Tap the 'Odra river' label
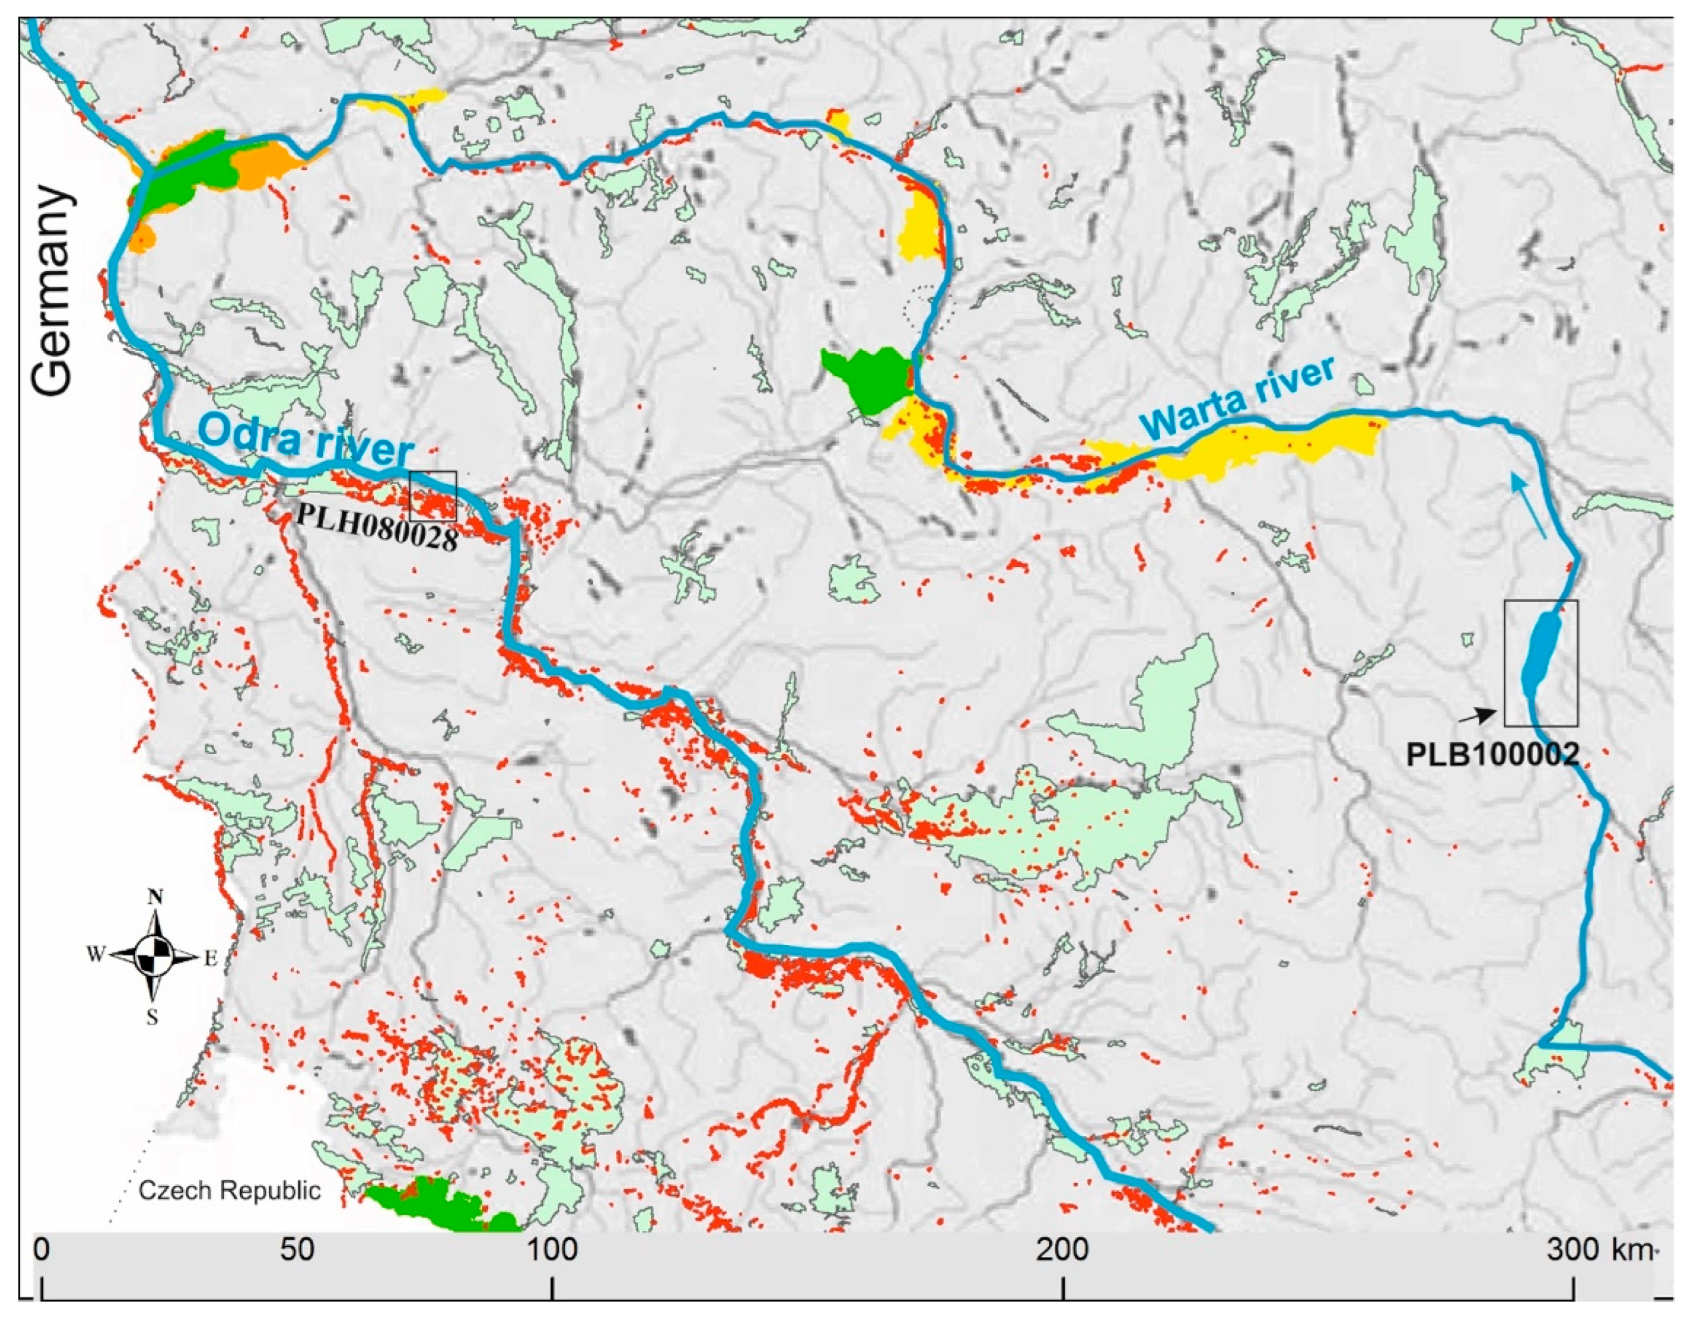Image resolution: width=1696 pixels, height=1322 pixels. coord(307,443)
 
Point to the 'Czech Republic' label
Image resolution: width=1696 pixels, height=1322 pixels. coord(230,1191)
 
